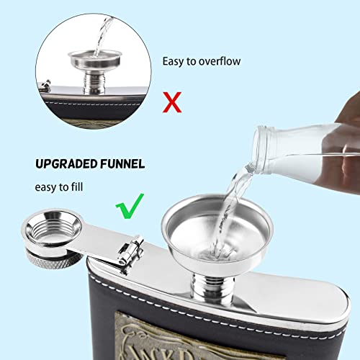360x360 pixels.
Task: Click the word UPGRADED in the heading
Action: (57, 164)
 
